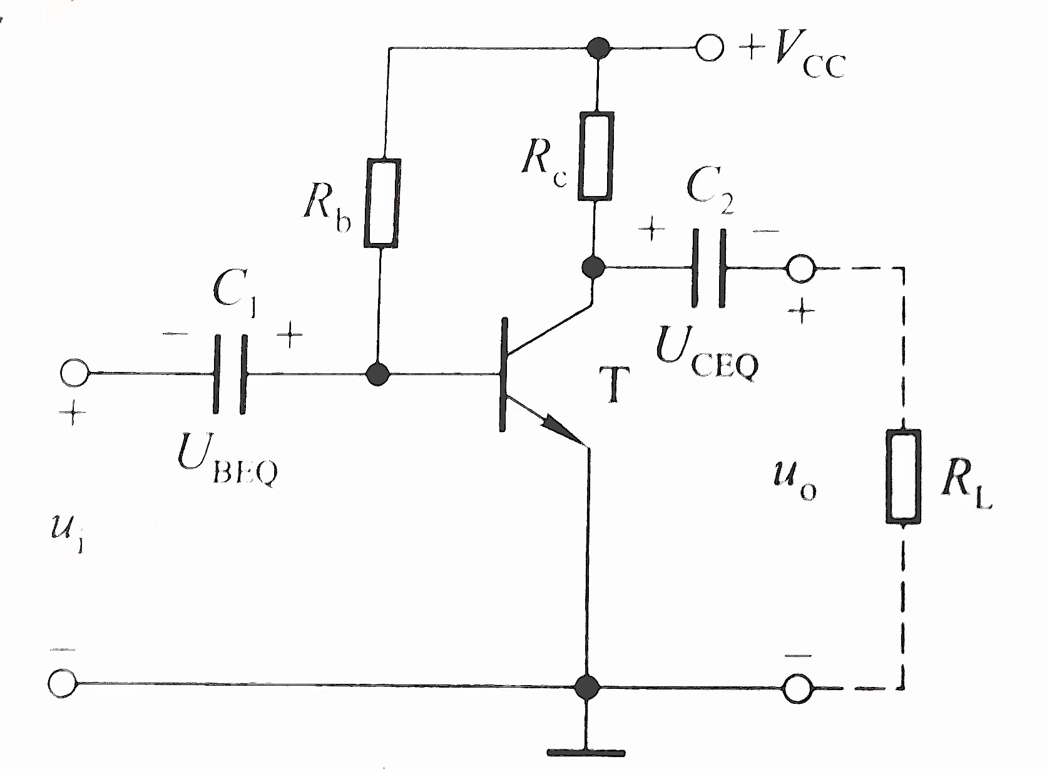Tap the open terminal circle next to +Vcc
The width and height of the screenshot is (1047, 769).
[709, 47]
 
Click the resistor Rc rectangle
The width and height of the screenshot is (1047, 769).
[595, 157]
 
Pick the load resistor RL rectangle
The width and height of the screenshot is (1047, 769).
[903, 476]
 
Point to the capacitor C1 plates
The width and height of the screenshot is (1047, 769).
[230, 374]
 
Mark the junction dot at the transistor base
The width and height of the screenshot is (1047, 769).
[377, 374]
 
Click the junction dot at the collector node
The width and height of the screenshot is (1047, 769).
[592, 268]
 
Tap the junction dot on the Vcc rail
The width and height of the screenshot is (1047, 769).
[599, 47]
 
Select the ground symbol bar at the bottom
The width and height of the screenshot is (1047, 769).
[586, 753]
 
